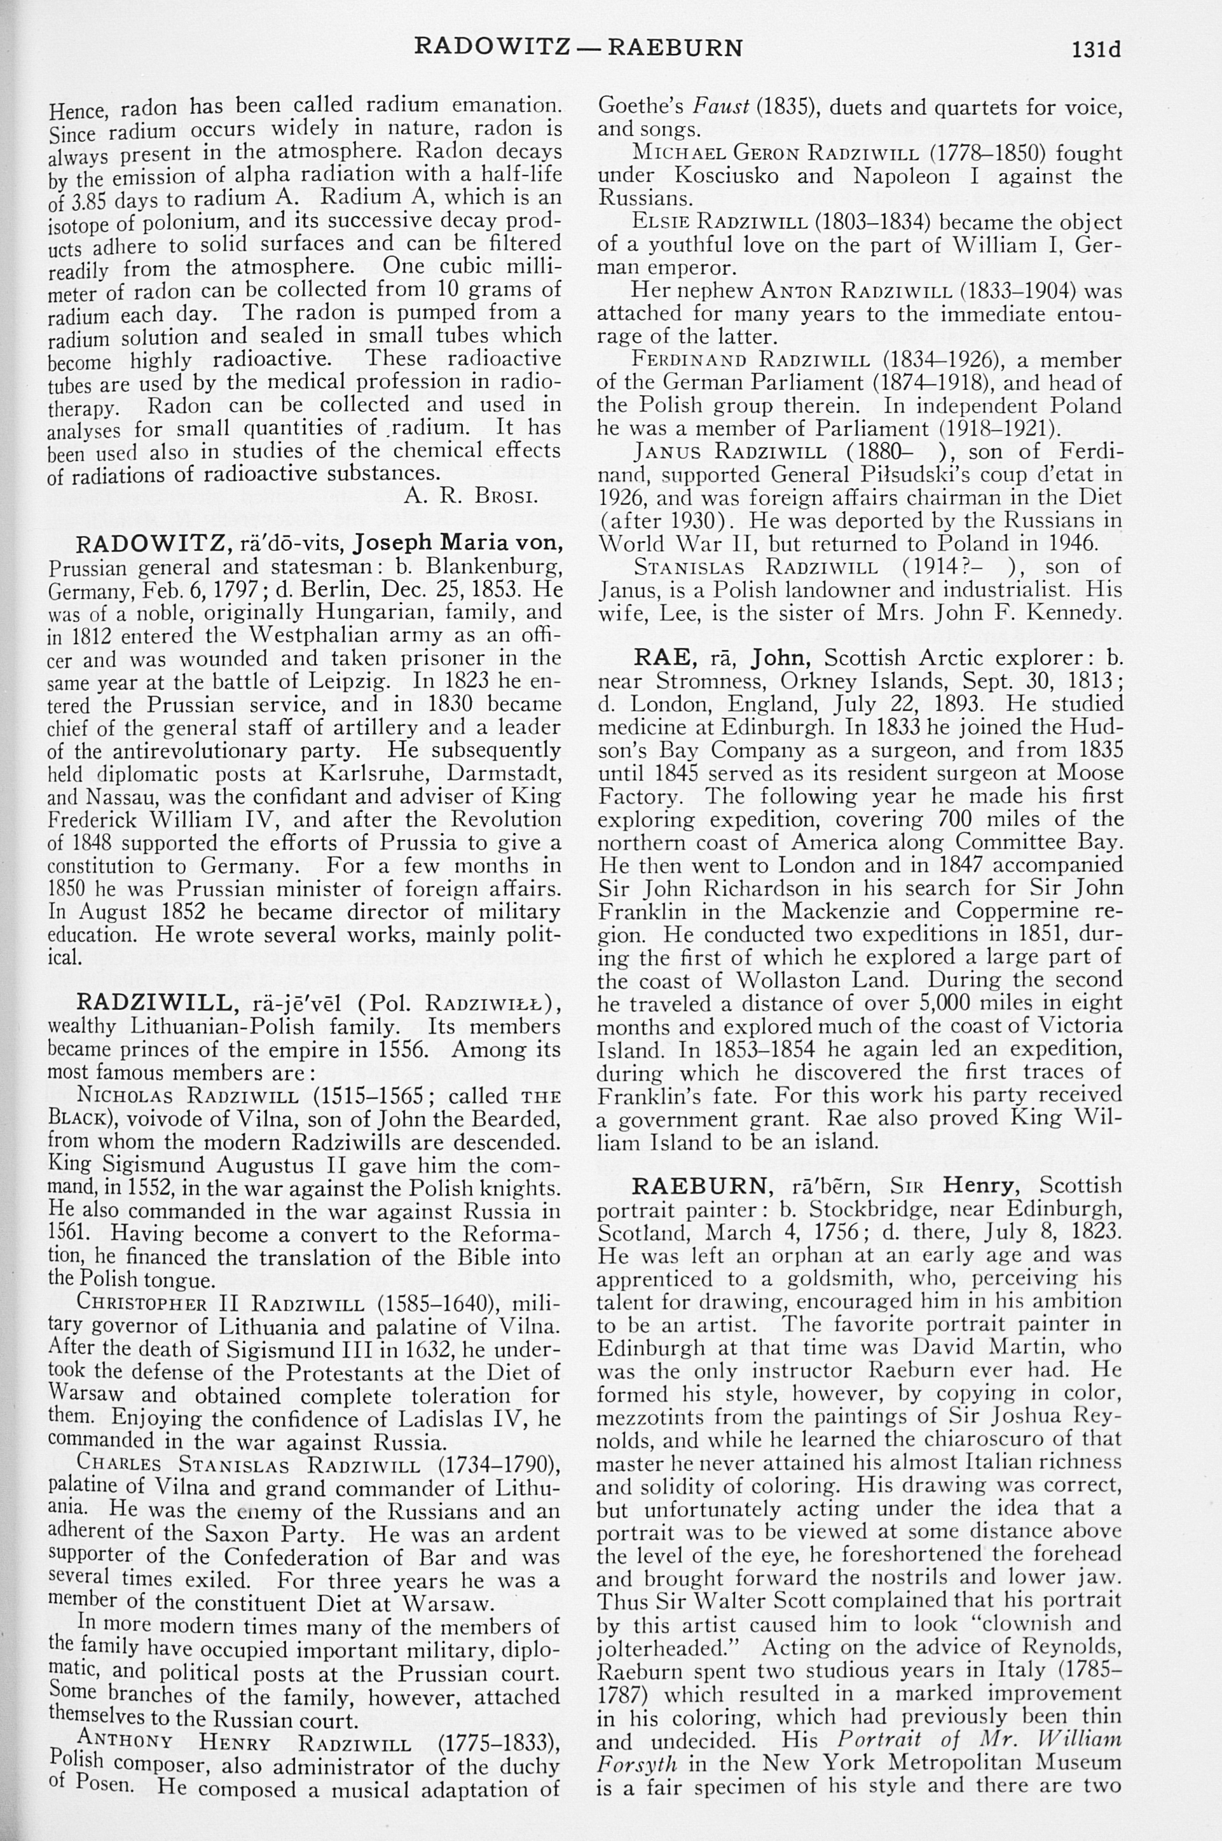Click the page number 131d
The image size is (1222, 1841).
pyautogui.click(x=1095, y=49)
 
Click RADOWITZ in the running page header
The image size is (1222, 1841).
pyautogui.click(x=491, y=48)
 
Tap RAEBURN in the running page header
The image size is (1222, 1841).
pyautogui.click(x=675, y=48)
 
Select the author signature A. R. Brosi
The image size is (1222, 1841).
pyautogui.click(x=469, y=497)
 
